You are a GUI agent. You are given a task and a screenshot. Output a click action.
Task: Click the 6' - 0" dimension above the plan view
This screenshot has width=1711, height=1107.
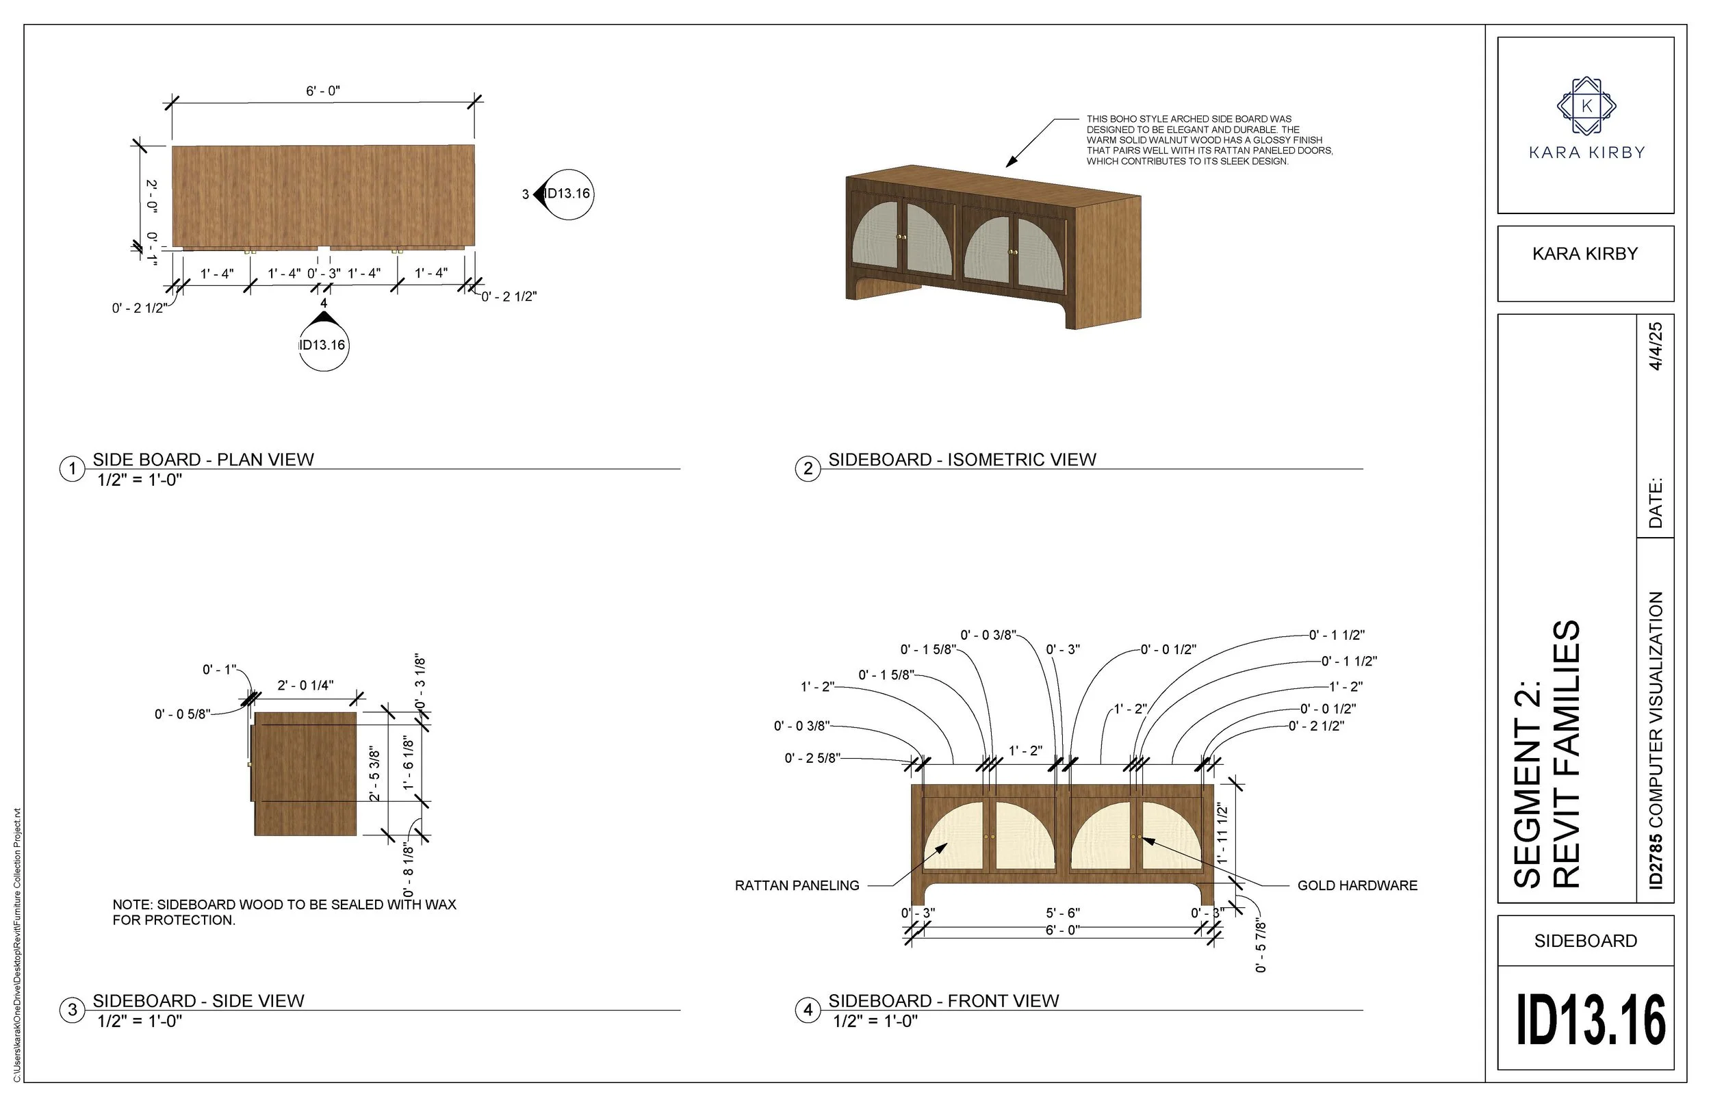[323, 91]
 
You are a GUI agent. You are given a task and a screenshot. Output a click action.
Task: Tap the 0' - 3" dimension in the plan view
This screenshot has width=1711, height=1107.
[324, 274]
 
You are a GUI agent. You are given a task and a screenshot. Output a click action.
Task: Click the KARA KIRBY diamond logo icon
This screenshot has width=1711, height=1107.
[1586, 106]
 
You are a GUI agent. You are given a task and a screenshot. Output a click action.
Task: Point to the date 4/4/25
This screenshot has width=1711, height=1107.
[1656, 346]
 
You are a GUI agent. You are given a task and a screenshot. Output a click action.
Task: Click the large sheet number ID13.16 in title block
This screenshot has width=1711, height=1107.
[1591, 1020]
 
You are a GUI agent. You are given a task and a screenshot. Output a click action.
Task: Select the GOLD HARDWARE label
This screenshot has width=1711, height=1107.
[1356, 885]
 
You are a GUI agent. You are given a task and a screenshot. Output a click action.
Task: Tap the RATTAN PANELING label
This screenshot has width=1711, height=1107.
[797, 885]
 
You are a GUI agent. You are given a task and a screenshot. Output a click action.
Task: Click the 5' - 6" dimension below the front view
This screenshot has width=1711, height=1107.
[1063, 913]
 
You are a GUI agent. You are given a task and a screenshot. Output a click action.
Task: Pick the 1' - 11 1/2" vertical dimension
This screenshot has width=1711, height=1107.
[1222, 834]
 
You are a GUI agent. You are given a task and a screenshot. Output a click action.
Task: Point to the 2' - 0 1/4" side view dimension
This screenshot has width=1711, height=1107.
[305, 686]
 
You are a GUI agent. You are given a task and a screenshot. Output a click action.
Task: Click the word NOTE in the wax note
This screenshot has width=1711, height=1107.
[130, 905]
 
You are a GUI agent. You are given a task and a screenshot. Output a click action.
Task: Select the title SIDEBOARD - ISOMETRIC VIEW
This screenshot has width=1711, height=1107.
[962, 459]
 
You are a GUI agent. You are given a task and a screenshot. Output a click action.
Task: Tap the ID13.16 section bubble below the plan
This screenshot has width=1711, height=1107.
[323, 346]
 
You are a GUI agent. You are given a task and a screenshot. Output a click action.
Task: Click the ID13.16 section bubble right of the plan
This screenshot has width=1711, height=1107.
[568, 194]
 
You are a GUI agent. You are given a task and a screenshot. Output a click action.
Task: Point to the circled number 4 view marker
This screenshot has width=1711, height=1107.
[808, 1010]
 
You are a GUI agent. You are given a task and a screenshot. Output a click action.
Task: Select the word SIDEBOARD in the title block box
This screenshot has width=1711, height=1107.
[1585, 941]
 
